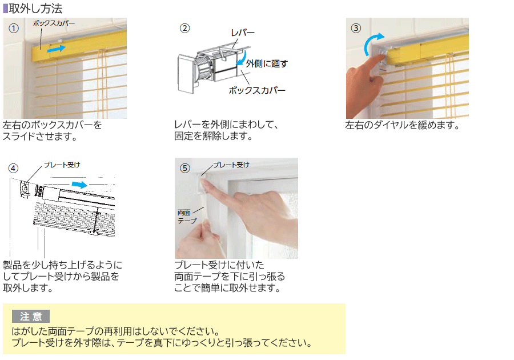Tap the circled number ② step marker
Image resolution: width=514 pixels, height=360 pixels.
185,27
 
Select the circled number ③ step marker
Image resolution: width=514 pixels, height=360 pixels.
356,27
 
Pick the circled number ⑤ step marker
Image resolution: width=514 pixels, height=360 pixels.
184,168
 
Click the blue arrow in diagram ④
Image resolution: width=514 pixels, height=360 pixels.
80,185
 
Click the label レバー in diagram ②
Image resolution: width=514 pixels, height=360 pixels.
242,34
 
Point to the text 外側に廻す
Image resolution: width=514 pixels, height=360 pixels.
267,63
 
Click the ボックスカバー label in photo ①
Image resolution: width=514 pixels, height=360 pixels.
54,23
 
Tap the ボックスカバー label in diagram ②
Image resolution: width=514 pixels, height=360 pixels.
257,90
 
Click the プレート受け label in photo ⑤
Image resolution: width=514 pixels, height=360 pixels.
231,165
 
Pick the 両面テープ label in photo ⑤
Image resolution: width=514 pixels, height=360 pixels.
187,217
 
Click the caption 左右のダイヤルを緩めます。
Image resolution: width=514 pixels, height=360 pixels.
403,125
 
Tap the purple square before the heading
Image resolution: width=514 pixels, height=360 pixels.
6,9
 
